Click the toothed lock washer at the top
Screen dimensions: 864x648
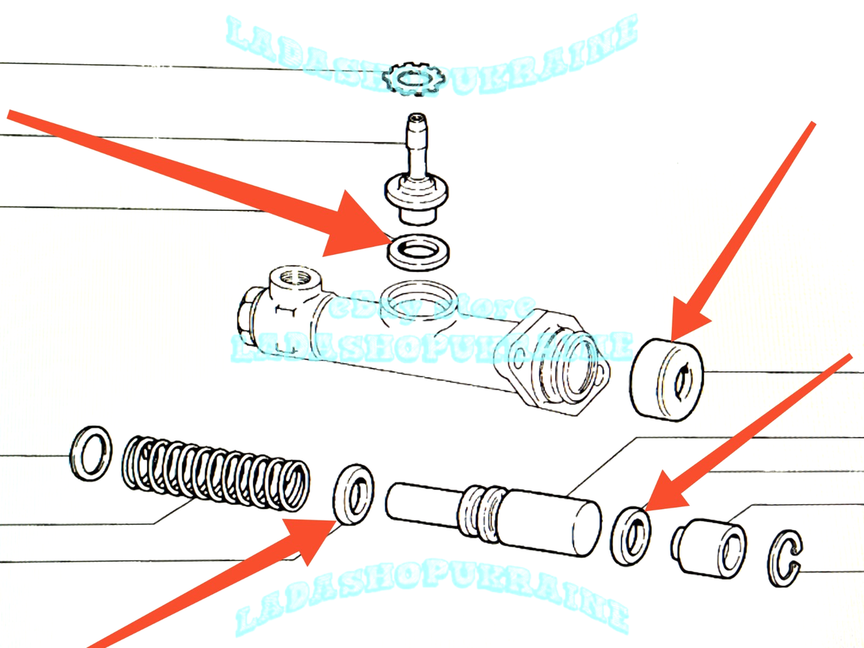411,78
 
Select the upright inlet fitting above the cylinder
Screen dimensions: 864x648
414,173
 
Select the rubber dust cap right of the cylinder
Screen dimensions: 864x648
666,378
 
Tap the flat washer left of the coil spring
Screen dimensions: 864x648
91,454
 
